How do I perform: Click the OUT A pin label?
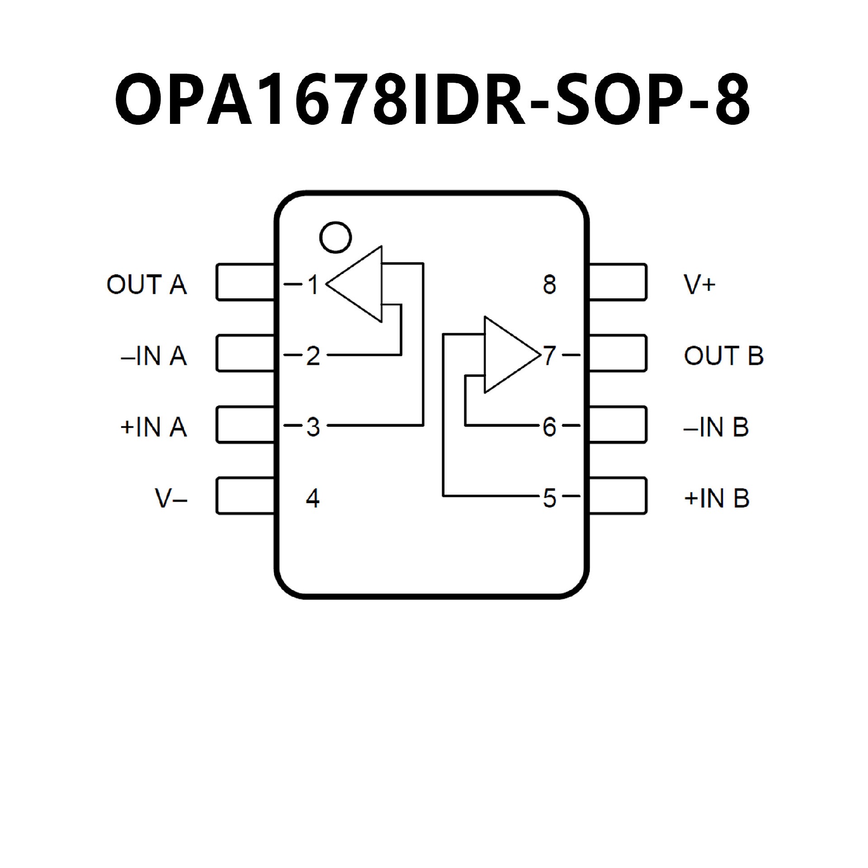(146, 285)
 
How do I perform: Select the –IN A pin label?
(154, 356)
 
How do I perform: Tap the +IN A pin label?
(154, 427)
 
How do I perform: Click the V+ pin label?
(700, 285)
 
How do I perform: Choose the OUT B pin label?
(723, 356)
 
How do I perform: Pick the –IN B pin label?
(716, 427)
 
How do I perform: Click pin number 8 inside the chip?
(549, 285)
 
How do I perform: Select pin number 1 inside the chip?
(313, 285)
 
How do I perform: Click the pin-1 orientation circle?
(335, 237)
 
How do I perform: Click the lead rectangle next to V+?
(618, 282)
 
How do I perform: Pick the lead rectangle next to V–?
(245, 495)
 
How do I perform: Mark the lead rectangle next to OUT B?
(618, 353)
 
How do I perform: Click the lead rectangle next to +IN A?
(245, 425)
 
